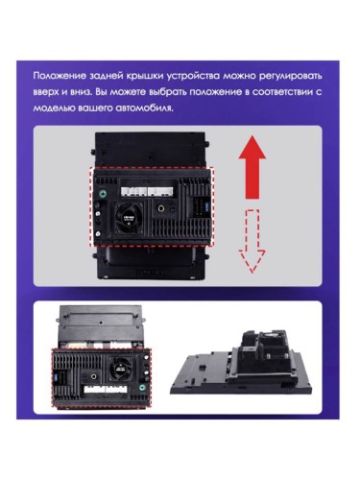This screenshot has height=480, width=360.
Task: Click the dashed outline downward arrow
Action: [252, 239]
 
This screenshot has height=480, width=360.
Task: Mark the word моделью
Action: [55, 107]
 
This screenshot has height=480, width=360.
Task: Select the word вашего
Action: [97, 107]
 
